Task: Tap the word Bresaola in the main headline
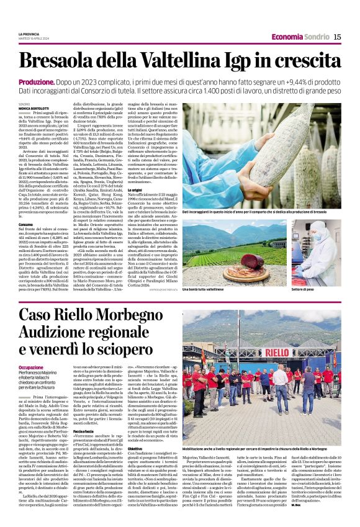point(60,61)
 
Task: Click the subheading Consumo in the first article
point(25,223)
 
